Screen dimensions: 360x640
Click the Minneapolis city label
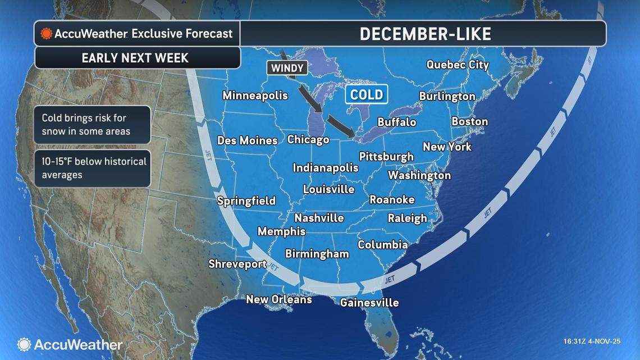pyautogui.click(x=255, y=95)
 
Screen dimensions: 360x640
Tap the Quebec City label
pyautogui.click(x=458, y=65)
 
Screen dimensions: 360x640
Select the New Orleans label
pyautogui.click(x=278, y=299)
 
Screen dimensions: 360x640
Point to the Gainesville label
pyautogui.click(x=369, y=303)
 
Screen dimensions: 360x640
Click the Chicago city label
pyautogui.click(x=308, y=139)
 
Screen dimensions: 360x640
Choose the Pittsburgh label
pyautogui.click(x=386, y=156)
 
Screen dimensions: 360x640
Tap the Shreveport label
pyautogui.click(x=237, y=263)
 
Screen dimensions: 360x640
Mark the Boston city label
pyautogui.click(x=469, y=121)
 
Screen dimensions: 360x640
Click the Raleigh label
pyautogui.click(x=407, y=218)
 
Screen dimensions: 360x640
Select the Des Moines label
pyautogui.click(x=247, y=140)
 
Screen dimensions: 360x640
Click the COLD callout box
pyautogui.click(x=367, y=94)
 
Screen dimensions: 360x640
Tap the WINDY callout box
pyautogui.click(x=287, y=68)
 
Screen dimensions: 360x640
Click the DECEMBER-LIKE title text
pyautogui.click(x=425, y=34)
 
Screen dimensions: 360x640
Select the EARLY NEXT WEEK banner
pyautogui.click(x=135, y=58)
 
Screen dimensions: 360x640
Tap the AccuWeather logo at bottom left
pyautogui.click(x=70, y=344)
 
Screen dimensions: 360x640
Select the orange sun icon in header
pyautogui.click(x=46, y=34)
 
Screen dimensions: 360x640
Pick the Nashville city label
pyautogui.click(x=319, y=218)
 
